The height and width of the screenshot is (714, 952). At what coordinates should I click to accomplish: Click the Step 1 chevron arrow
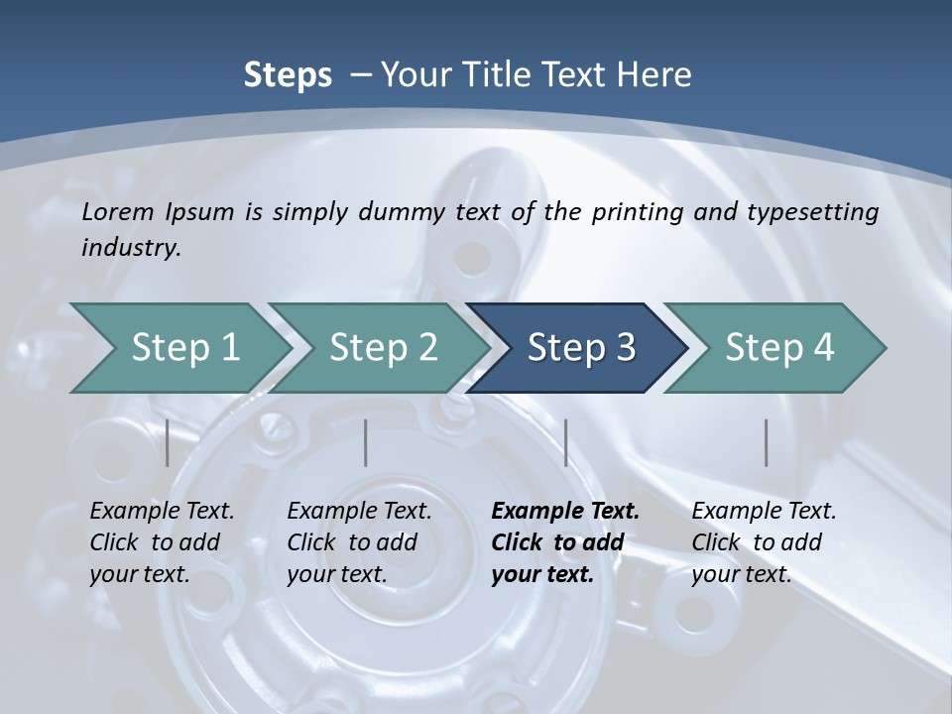pos(185,348)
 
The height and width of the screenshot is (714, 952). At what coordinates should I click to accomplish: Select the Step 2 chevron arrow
pos(384,348)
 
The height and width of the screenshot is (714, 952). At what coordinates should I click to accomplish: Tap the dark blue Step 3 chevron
pos(581,348)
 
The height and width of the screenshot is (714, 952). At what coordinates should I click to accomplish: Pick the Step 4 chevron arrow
pos(779,348)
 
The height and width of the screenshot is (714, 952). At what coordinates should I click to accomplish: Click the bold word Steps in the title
pos(288,74)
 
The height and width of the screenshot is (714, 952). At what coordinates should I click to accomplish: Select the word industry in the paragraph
pos(130,248)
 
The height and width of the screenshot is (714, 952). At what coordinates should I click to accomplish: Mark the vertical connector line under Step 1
pos(168,442)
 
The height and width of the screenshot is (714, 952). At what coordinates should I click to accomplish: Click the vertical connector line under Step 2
pos(366,442)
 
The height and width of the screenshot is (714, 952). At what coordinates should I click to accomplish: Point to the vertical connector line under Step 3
pos(565,442)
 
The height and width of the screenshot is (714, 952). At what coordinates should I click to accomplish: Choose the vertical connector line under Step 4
pos(767,442)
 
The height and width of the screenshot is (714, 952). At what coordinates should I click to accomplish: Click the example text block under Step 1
pos(162,542)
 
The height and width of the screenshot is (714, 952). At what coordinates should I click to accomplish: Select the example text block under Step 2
pos(359,542)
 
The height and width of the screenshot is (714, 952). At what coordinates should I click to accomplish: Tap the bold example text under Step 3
pos(565,542)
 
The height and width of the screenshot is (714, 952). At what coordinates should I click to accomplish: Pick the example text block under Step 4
pos(764,542)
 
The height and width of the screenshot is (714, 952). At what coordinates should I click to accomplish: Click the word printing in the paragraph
pos(632,211)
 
